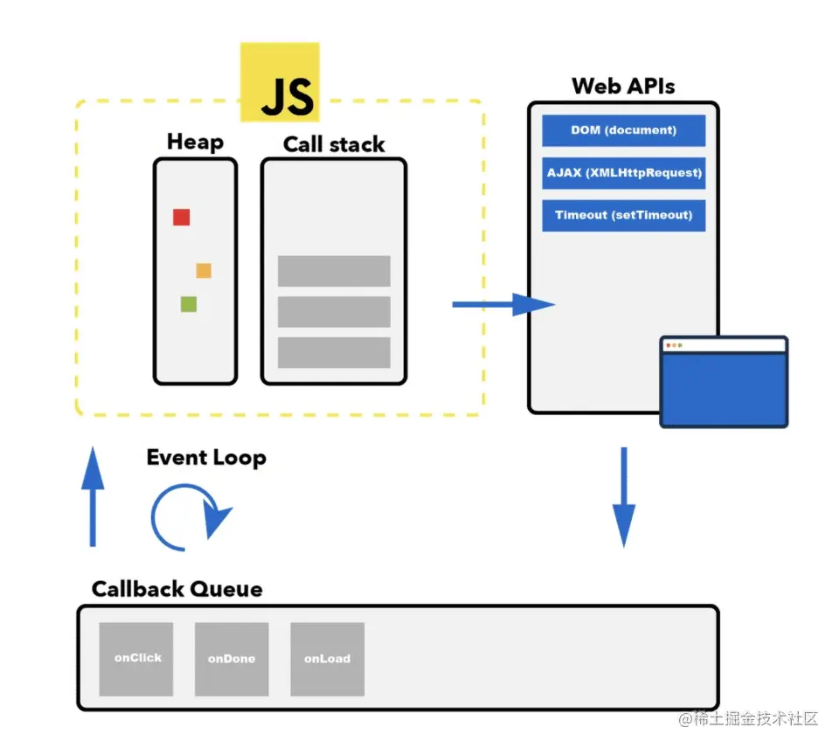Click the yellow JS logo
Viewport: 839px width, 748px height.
280,83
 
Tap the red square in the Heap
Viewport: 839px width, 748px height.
181,217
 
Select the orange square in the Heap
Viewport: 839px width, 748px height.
204,270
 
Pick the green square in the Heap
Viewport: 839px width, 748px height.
188,304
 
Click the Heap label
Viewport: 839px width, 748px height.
195,142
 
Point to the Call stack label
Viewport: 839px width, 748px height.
334,144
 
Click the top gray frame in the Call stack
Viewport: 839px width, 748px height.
334,271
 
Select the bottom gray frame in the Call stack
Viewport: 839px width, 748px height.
334,352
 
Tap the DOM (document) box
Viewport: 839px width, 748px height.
623,131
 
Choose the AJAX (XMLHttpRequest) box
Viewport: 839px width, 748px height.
623,173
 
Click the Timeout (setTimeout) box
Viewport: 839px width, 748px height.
623,215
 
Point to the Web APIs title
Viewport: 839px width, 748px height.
623,86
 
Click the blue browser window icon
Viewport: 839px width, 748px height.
724,382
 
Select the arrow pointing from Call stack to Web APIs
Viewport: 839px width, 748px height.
503,304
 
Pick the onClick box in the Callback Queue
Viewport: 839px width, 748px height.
136,659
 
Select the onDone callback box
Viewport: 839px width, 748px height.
232,659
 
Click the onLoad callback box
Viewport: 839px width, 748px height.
327,659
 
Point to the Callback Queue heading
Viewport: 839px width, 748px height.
177,589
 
